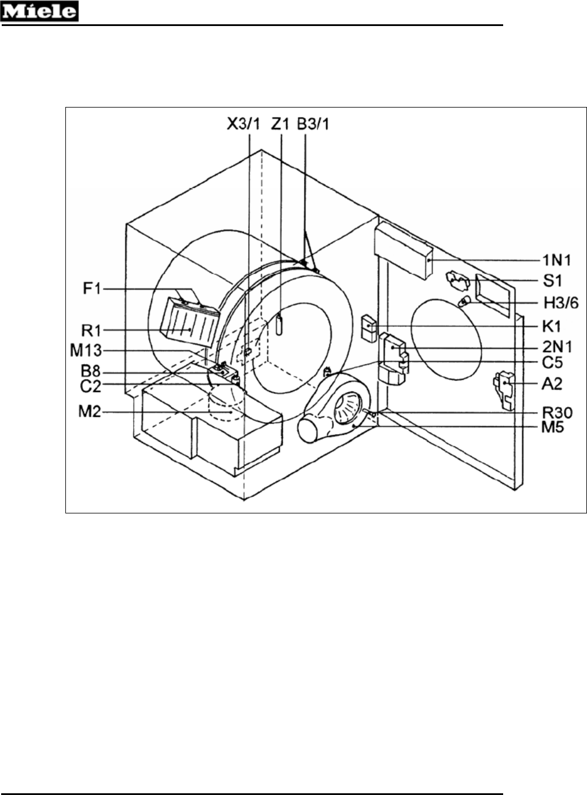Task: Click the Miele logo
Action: point(39,11)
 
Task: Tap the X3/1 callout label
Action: point(244,124)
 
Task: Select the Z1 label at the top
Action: point(280,124)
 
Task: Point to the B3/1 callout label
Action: point(313,124)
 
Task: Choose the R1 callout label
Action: point(91,331)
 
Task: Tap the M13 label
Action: point(86,351)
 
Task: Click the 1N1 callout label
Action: point(556,261)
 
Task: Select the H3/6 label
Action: point(561,304)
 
